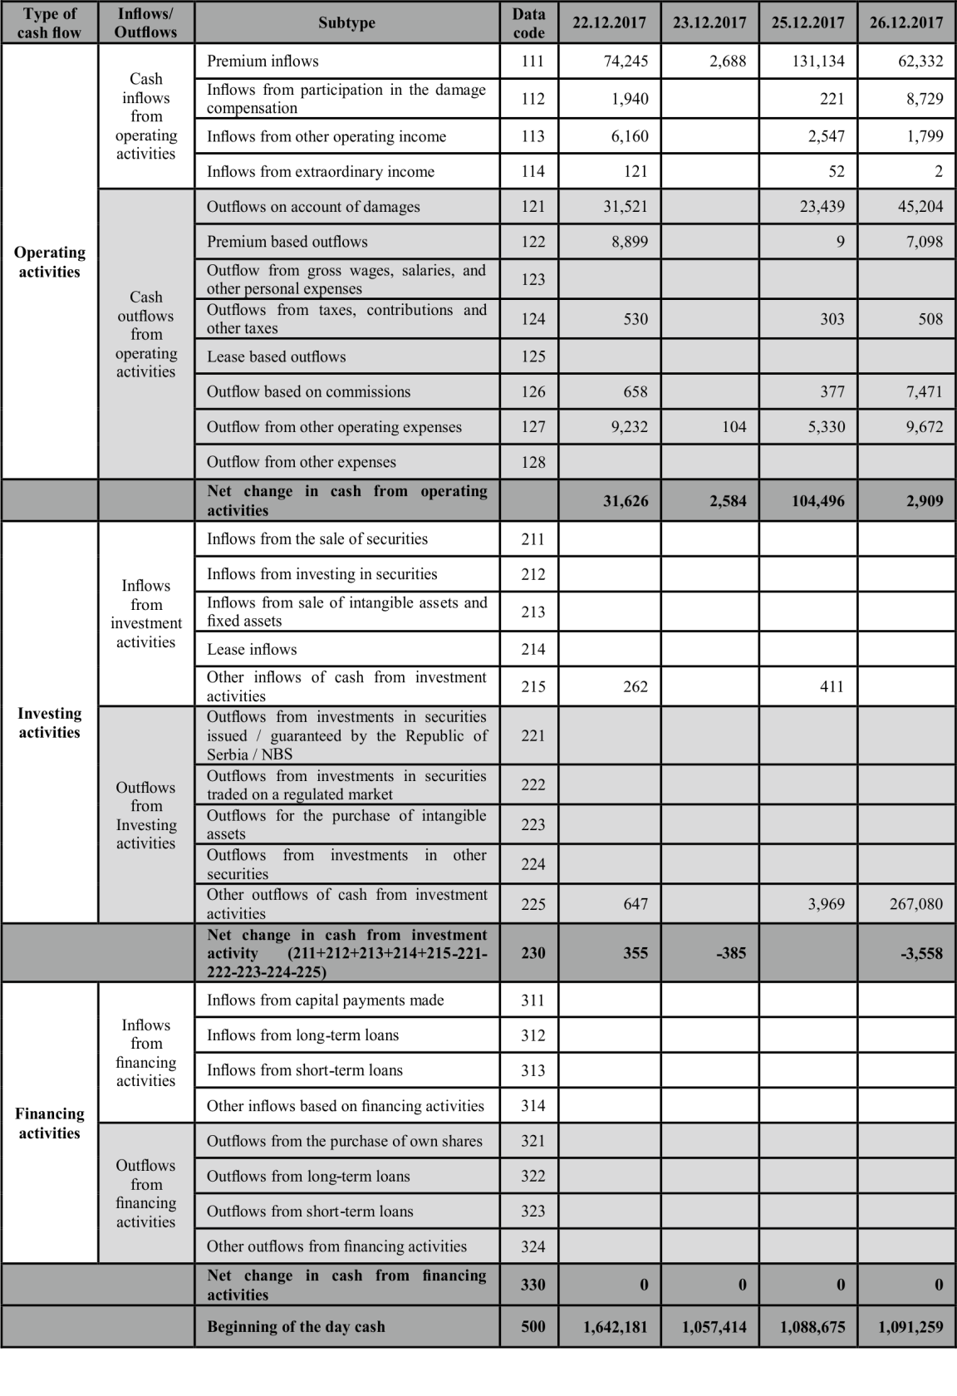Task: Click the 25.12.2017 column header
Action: click(x=807, y=22)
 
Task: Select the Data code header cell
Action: click(x=528, y=22)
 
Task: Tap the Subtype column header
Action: click(x=346, y=22)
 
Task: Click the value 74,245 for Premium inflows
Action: click(x=625, y=61)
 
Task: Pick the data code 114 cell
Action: click(x=532, y=171)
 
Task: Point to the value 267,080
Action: click(x=915, y=903)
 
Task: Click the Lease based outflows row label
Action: click(x=277, y=356)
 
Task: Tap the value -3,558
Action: click(x=921, y=953)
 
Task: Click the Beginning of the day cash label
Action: click(x=296, y=1326)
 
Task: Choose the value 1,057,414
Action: click(x=714, y=1327)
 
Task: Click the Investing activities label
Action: click(x=49, y=722)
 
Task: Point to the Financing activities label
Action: click(x=49, y=1123)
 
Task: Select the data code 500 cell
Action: click(x=532, y=1326)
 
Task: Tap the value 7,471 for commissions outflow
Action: click(x=924, y=391)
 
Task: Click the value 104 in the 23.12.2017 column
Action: click(x=734, y=427)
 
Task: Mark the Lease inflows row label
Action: click(x=252, y=649)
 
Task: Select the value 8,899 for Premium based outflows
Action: click(x=629, y=242)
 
